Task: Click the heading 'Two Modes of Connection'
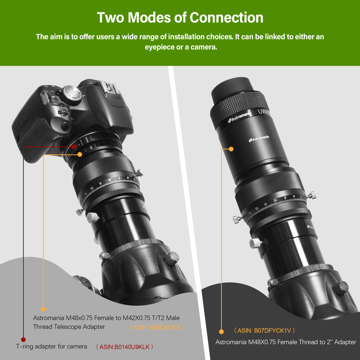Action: (180, 17)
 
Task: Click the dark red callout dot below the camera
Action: (74, 147)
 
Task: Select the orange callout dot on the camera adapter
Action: (80, 154)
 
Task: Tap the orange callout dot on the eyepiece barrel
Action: (231, 149)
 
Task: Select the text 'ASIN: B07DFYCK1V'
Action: (265, 330)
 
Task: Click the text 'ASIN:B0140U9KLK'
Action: (125, 347)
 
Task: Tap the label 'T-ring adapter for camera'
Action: (51, 346)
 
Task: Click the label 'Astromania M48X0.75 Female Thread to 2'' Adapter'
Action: (285, 342)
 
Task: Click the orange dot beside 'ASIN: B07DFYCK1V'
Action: (221, 331)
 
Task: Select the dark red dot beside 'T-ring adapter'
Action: (23, 339)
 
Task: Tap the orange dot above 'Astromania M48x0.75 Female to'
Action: (43, 309)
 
